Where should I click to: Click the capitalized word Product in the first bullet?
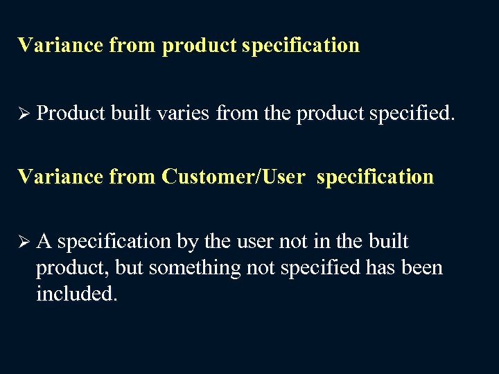coord(69,113)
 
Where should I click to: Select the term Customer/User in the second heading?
coord(233,177)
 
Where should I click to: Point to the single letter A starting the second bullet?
coord(44,242)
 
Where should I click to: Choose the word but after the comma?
coord(129,267)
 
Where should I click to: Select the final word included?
coord(77,293)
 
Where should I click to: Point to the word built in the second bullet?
coord(388,242)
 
